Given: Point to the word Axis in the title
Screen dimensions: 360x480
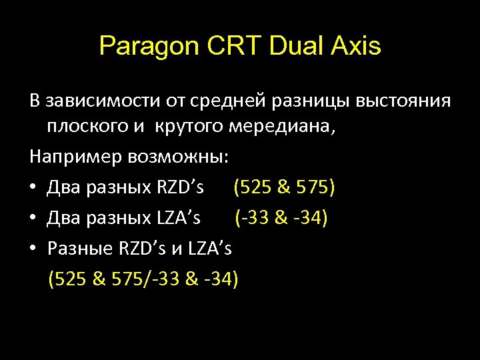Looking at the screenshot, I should (356, 47).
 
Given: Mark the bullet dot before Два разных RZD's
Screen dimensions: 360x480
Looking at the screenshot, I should (33, 187).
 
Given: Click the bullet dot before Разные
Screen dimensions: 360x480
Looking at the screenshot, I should (33, 249).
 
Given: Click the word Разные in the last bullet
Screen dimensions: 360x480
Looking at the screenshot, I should (81, 248).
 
